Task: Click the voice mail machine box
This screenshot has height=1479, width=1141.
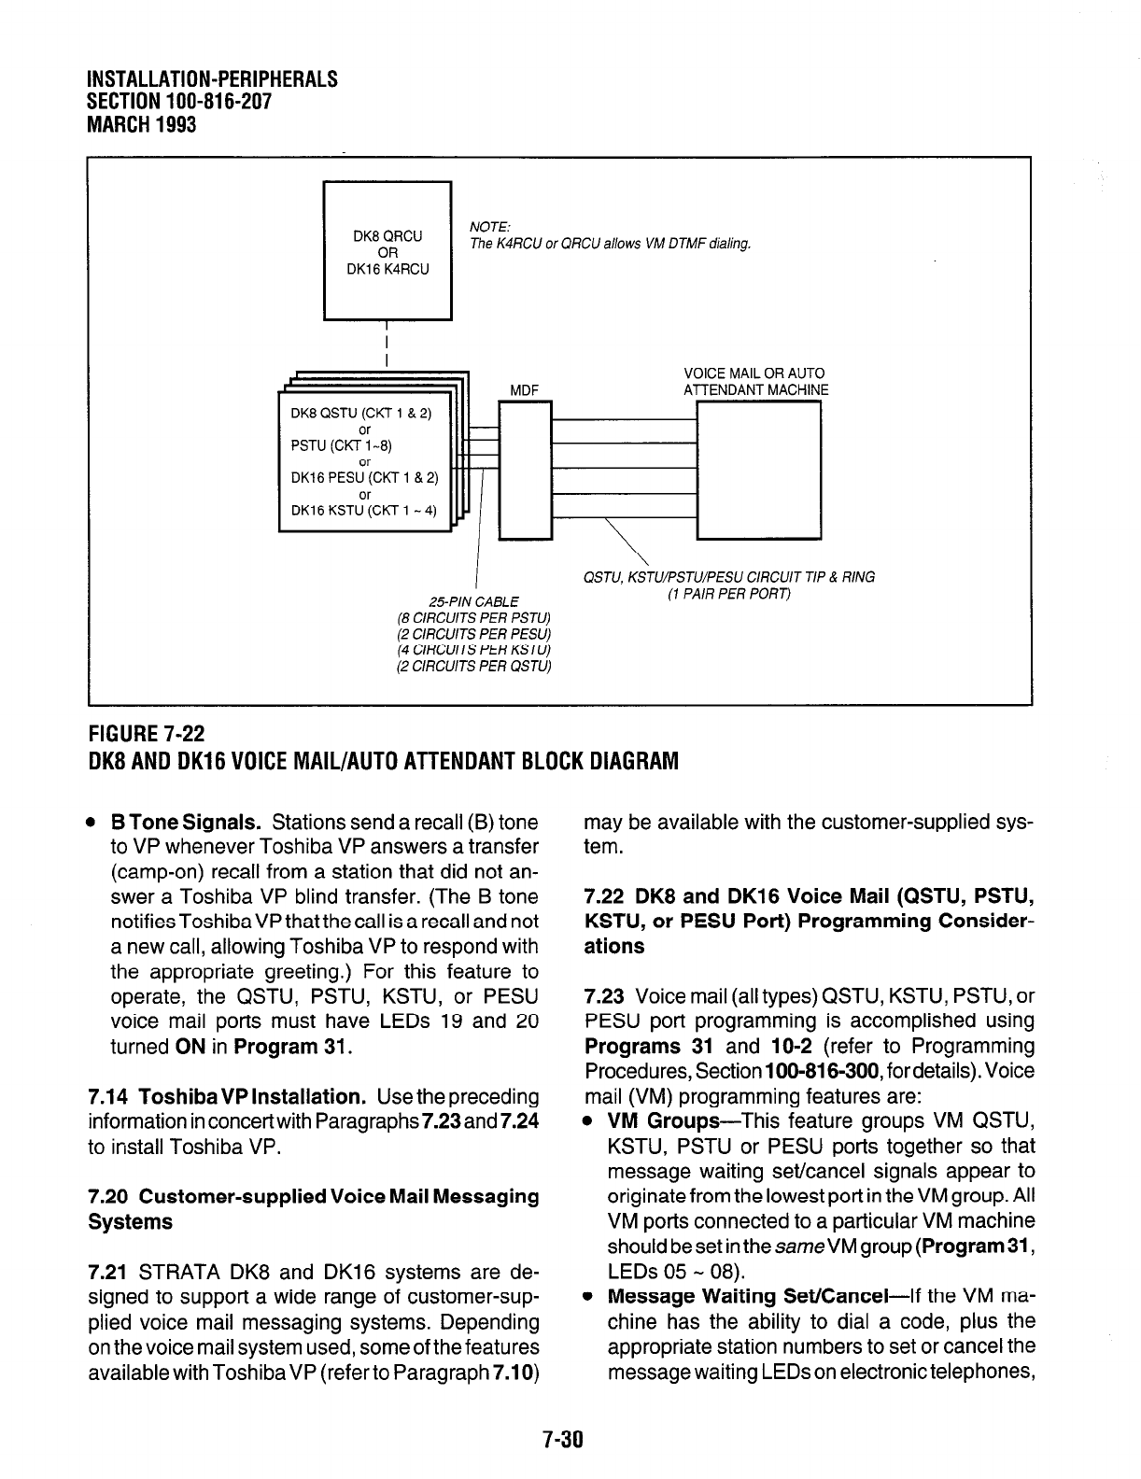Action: coord(758,470)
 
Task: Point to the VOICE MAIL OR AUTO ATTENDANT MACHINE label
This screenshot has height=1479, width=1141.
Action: coord(755,381)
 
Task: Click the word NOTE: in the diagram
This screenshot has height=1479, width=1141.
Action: coord(489,228)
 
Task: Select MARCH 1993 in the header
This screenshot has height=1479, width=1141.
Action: coord(141,123)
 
